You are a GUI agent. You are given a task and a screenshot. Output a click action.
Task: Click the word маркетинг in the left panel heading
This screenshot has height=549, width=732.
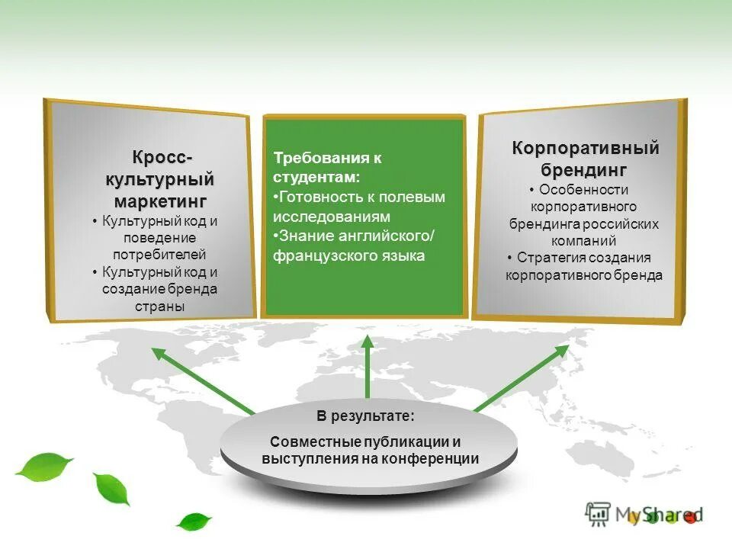160,202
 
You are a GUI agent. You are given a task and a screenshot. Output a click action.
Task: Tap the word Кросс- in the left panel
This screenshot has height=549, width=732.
162,158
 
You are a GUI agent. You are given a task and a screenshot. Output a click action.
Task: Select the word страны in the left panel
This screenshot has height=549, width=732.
160,307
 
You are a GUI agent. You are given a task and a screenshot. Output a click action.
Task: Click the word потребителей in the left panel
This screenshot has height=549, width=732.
160,255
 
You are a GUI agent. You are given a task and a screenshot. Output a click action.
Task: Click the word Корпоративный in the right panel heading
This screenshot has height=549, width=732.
585,148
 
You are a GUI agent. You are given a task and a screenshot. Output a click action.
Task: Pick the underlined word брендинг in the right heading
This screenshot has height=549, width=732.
585,169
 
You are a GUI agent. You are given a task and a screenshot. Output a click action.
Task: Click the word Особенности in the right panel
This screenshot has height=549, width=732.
583,190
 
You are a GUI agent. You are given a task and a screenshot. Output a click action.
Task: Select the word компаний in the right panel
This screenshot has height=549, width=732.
585,241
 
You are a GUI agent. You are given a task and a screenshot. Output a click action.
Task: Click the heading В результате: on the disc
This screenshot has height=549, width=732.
366,416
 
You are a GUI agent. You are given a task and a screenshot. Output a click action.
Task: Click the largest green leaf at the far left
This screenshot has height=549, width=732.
43,465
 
